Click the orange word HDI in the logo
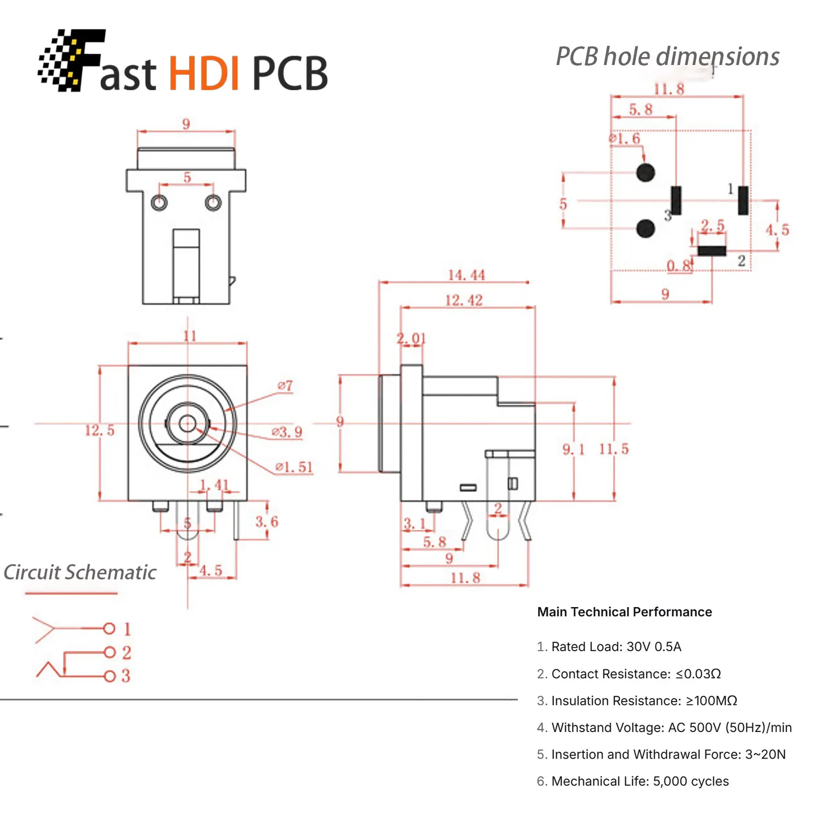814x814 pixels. click(x=205, y=73)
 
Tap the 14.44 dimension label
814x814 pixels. click(x=466, y=275)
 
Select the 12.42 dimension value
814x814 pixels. click(x=464, y=300)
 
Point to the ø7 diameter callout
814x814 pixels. click(x=285, y=386)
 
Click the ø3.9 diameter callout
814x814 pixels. click(x=287, y=432)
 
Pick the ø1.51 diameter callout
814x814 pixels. click(x=294, y=467)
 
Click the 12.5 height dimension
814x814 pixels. click(x=99, y=430)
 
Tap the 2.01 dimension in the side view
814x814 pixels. click(x=411, y=339)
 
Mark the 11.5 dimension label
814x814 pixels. click(x=614, y=449)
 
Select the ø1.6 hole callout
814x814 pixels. click(x=624, y=138)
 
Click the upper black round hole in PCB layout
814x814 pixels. click(x=646, y=172)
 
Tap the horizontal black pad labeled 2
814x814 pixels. click(x=712, y=251)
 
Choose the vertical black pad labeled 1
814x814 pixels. click(x=743, y=200)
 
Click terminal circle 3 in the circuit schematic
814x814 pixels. click(x=110, y=676)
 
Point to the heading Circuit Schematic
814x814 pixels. click(x=80, y=573)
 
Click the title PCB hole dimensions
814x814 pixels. click(x=668, y=57)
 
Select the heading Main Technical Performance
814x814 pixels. click(x=624, y=612)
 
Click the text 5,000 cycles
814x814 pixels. click(x=691, y=781)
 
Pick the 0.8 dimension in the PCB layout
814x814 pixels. click(x=679, y=266)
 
